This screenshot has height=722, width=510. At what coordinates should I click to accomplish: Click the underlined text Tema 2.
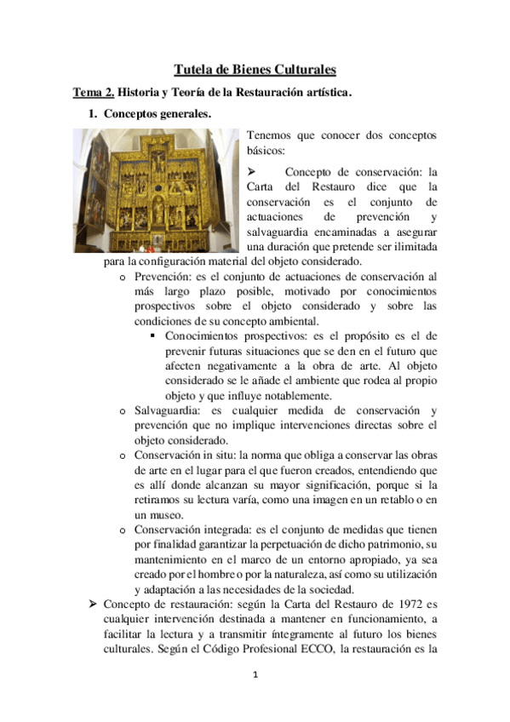[93, 90]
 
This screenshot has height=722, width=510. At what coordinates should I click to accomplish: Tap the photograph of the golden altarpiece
[155, 189]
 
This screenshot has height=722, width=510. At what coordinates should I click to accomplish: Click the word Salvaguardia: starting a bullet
[168, 410]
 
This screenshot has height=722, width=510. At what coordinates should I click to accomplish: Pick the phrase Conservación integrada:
[192, 530]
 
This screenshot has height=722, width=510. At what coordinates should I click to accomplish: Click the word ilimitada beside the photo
[411, 247]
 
